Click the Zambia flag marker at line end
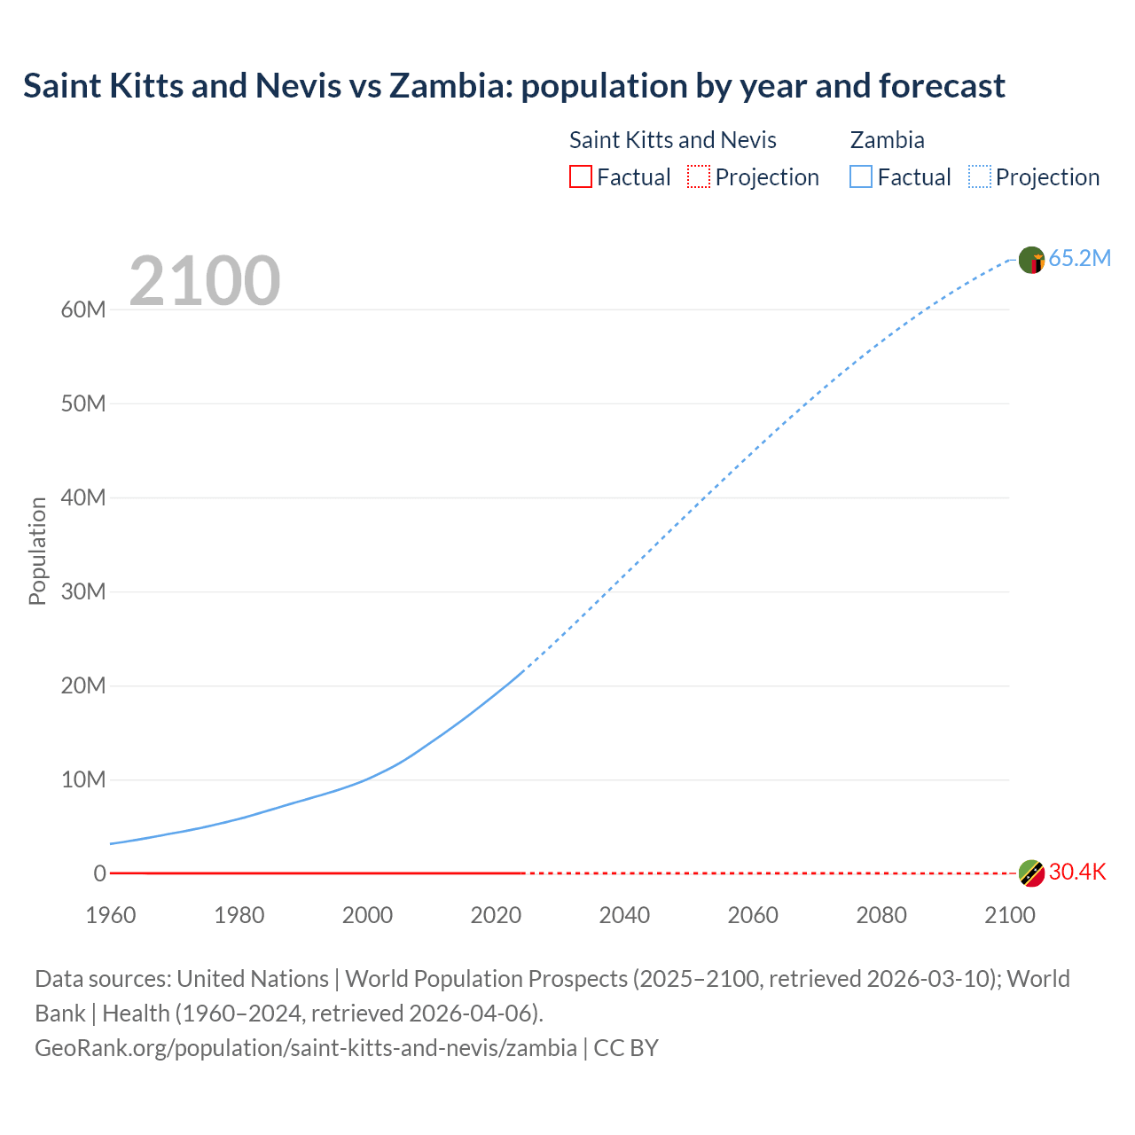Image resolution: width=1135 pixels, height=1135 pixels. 1031,260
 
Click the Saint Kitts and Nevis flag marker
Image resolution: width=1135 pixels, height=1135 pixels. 1031,873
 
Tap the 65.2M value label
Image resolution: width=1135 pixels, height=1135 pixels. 1079,258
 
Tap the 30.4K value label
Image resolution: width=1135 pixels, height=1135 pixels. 1077,872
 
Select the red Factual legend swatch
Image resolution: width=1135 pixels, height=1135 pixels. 580,176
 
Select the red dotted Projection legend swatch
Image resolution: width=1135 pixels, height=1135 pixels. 699,176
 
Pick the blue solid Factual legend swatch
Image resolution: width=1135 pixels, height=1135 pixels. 860,176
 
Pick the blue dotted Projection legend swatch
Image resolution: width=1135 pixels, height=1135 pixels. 979,176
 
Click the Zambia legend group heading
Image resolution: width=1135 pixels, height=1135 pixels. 887,140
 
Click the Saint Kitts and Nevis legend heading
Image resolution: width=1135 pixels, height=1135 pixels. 672,140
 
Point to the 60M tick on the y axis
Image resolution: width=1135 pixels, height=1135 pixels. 83,309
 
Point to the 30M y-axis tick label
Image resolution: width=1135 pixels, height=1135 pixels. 83,591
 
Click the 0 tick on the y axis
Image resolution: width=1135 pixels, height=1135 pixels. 99,873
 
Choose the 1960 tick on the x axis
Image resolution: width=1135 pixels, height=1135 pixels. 111,915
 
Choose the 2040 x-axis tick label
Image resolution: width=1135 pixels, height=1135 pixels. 624,915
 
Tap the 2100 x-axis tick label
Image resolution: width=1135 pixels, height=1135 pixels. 1009,915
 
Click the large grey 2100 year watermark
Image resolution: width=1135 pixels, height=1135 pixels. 205,281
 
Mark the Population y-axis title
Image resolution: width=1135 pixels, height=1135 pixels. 37,551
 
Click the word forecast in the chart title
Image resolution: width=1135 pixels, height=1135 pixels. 942,86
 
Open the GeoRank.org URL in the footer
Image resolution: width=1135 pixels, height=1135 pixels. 306,1047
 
